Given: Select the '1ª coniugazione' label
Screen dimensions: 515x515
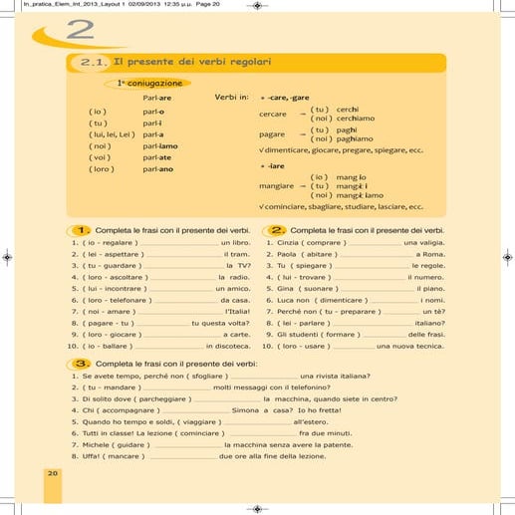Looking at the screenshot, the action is coord(150,84).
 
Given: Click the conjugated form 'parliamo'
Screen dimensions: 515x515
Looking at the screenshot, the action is coord(161,145).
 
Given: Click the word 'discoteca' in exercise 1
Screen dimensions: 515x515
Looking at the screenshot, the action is coord(229,346).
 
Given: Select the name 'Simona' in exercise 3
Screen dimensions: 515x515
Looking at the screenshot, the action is coord(246,409).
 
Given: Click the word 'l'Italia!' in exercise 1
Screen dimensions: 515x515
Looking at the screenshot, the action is coord(237,311).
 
